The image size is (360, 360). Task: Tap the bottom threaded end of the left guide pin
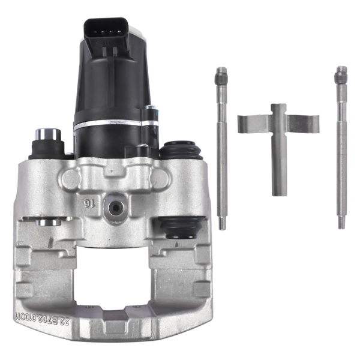[223, 224]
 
